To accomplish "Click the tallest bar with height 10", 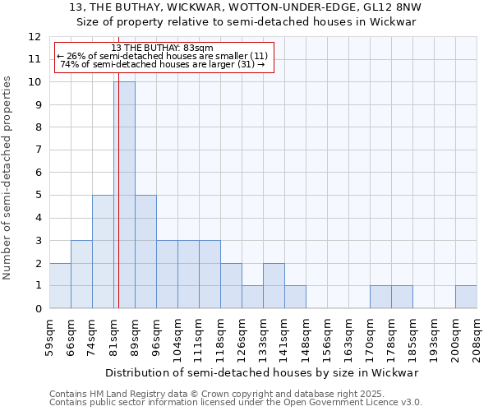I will pyautogui.click(x=124, y=195).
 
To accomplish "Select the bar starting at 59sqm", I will pyautogui.click(x=60, y=285).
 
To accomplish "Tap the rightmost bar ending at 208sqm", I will pyautogui.click(x=466, y=297).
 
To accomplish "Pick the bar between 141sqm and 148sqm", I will pyautogui.click(x=295, y=297).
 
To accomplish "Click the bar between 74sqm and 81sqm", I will pyautogui.click(x=103, y=252).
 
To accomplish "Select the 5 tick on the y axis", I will pyautogui.click(x=38, y=196).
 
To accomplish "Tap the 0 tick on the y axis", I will pyautogui.click(x=38, y=309).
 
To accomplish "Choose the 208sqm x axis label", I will pyautogui.click(x=477, y=335).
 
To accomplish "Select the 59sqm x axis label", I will pyautogui.click(x=49, y=335).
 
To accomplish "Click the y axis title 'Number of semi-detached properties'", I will pyautogui.click(x=8, y=178).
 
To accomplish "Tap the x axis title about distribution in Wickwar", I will pyautogui.click(x=263, y=372).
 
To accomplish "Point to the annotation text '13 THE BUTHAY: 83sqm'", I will pyautogui.click(x=162, y=48).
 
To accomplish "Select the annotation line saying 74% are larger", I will pyautogui.click(x=163, y=64).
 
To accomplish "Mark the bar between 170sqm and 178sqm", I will pyautogui.click(x=380, y=297).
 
